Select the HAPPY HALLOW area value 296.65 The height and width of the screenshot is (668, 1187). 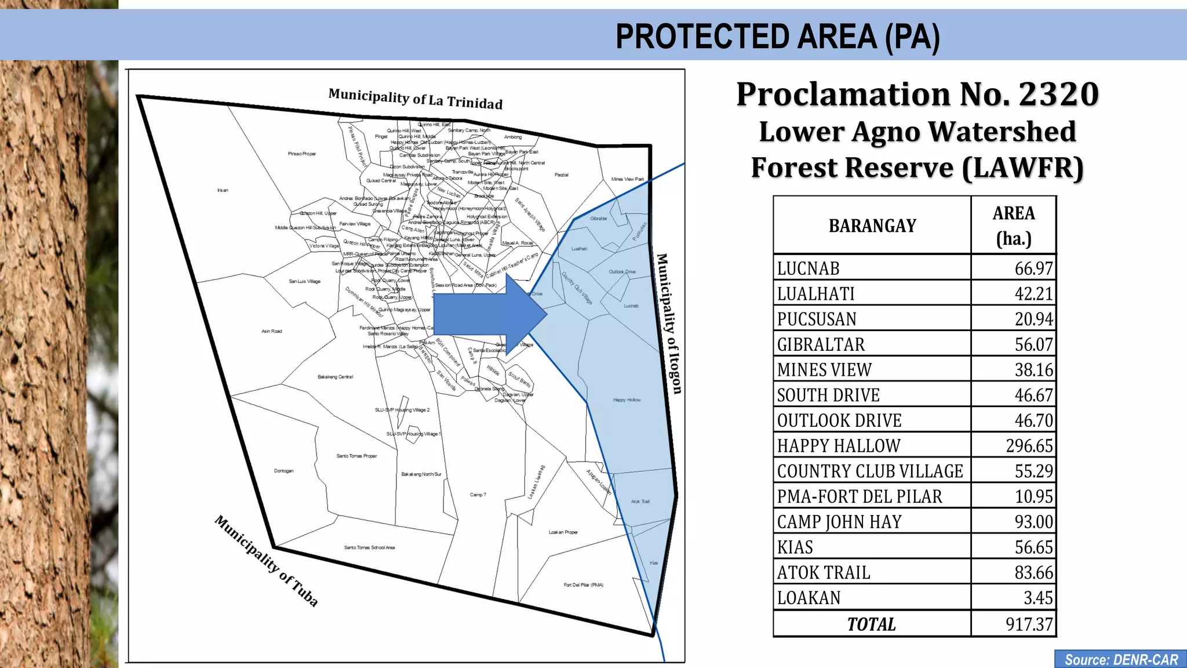coord(1029,445)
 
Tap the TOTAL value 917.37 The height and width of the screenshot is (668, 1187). coord(1029,624)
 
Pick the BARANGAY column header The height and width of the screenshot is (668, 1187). coord(872,226)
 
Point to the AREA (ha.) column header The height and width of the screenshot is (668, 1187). coord(1014,226)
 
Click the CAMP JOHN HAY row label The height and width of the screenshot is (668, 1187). coord(839,522)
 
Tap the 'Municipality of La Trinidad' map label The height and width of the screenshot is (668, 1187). coord(415,99)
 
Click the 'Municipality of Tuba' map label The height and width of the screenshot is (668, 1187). coord(267,560)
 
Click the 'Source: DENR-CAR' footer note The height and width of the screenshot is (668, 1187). coord(1121,660)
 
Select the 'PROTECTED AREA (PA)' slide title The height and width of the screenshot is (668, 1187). coord(777,37)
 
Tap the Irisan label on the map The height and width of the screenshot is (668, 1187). coord(223,190)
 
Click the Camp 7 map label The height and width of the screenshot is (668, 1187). coord(478,495)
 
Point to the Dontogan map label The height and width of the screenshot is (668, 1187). coord(283,471)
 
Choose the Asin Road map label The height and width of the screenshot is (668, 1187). coord(271,331)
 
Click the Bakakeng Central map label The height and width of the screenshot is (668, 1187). coord(335,377)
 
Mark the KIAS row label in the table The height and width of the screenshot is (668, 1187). coord(795,547)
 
